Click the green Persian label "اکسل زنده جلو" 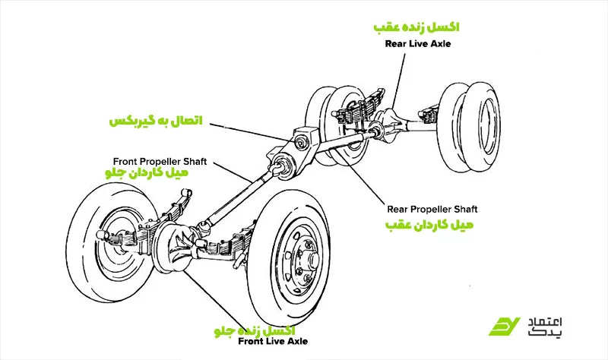pyautogui.click(x=256, y=330)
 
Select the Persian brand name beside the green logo pyautogui.click(x=553, y=325)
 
